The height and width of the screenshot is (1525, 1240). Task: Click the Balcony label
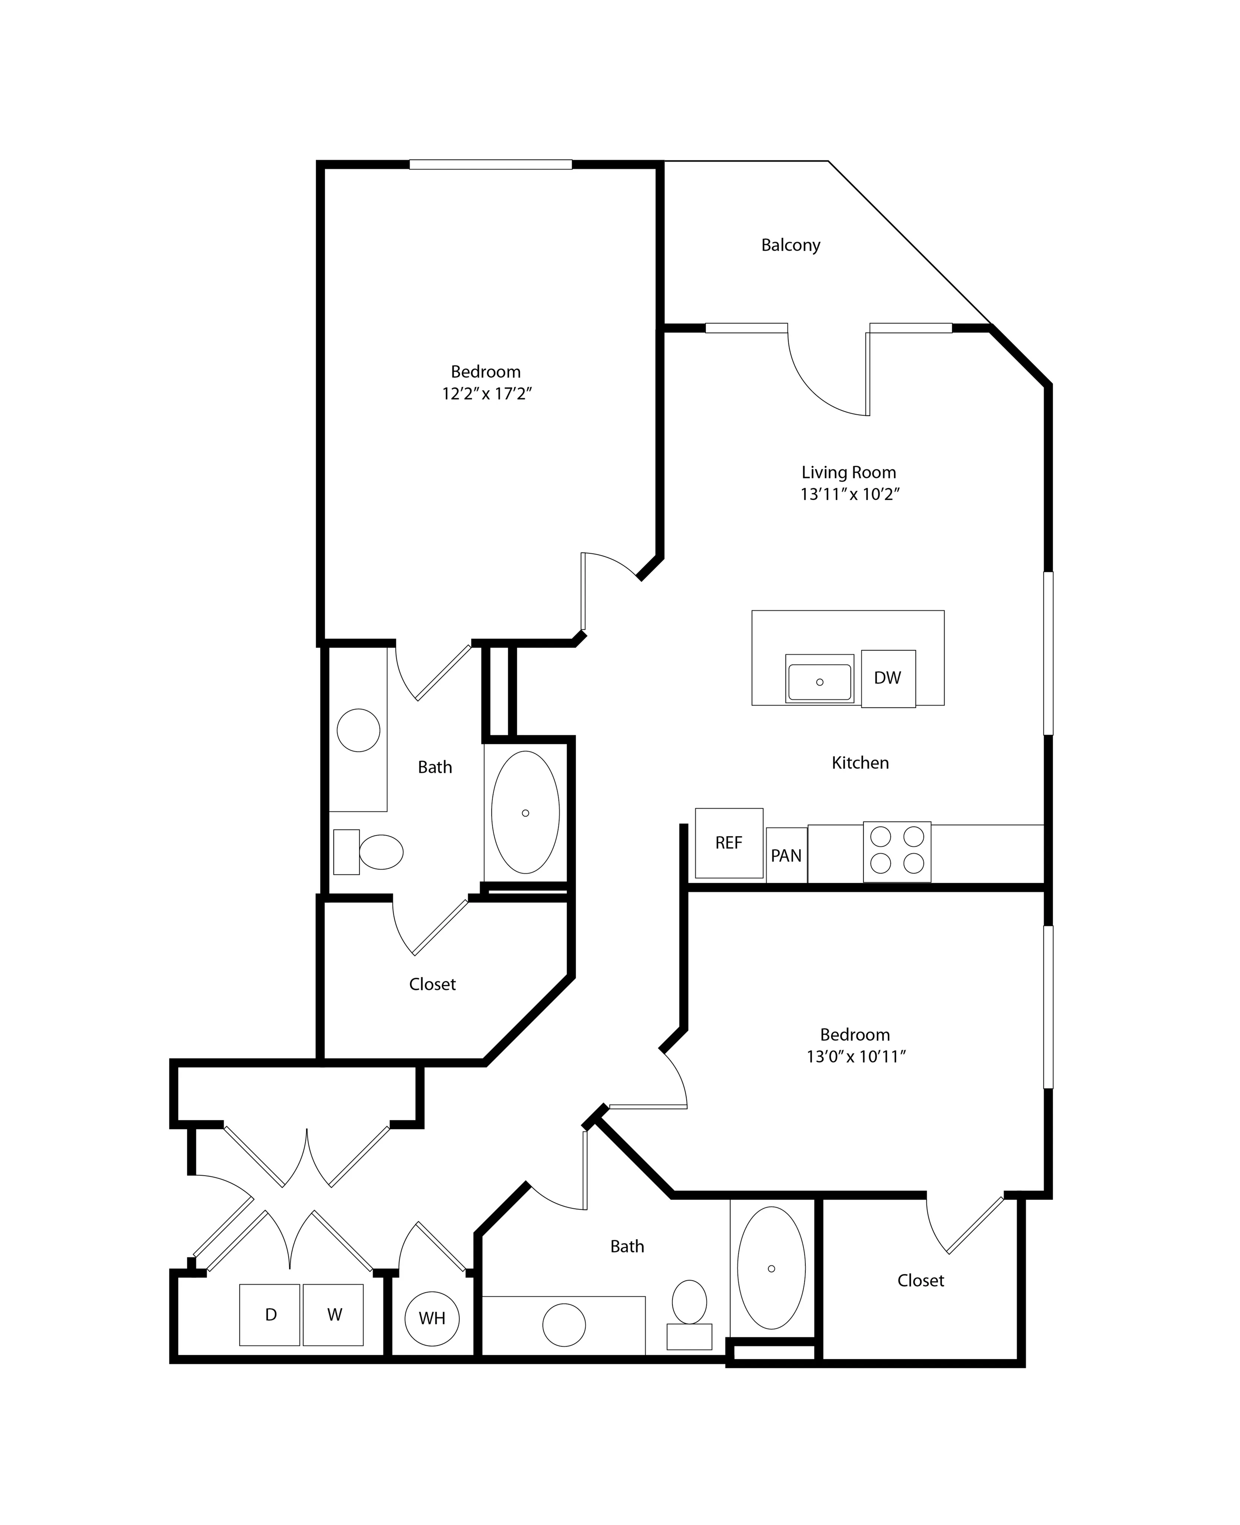click(790, 245)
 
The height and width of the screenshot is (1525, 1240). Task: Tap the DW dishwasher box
click(888, 678)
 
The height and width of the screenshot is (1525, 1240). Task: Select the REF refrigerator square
click(729, 843)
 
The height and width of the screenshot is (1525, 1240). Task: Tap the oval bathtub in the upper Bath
click(525, 812)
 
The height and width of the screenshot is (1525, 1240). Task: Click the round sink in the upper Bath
click(358, 730)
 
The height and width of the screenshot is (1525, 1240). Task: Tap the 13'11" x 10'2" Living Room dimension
click(849, 494)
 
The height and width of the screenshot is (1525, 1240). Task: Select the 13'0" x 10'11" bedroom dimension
click(856, 1056)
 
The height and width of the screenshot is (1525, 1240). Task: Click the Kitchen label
click(860, 763)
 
